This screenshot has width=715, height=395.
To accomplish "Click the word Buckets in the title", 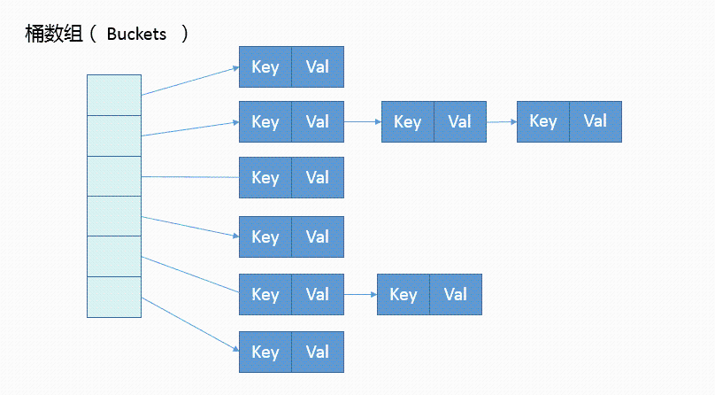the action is pos(136,35).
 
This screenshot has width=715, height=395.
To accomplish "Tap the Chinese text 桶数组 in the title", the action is pos(53,35).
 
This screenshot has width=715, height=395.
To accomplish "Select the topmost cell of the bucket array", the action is pos(114,95).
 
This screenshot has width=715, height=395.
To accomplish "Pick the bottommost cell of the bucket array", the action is pos(114,297).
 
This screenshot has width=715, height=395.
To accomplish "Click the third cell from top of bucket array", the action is pos(114,176).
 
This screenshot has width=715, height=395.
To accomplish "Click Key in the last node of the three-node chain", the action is pos(543,122).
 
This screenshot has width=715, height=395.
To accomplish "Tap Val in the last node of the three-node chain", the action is pos(596,122).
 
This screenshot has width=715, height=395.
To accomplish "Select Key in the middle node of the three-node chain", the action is pos(408,122).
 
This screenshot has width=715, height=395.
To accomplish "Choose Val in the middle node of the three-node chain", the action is pos(460,122).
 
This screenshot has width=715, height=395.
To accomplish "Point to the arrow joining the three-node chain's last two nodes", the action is pos(502,122).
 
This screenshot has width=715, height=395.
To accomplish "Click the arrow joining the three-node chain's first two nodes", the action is pos(363,122).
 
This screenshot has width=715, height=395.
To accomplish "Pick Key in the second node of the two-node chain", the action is pos(404,295).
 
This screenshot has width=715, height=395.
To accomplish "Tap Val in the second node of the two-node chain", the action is pos(456,295).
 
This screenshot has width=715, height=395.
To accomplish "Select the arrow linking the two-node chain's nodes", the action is pos(361,295).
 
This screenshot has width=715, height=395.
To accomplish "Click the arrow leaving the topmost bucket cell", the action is pos(190,81).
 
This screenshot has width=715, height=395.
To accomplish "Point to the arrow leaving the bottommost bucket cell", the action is pos(190,324).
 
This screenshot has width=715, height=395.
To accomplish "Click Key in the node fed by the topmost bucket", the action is pos(265,67).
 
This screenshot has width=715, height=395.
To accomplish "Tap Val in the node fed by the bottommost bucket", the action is pos(318,352).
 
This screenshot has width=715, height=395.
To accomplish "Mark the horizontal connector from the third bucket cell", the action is pos(190,177).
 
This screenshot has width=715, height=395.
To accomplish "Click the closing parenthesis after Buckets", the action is pos(185,35).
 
